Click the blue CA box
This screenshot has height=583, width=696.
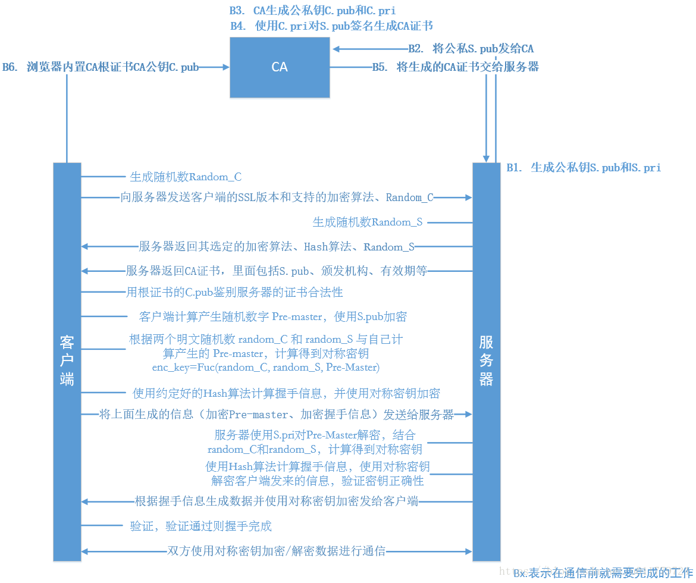coord(280,67)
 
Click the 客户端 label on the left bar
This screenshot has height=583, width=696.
coord(67,360)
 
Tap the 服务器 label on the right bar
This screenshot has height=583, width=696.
coord(486,360)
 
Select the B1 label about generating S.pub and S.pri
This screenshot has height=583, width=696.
coord(584,168)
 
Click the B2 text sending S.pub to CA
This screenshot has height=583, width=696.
coord(471,49)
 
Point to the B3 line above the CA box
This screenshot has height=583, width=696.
coord(312,11)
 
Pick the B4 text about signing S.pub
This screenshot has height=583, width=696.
coord(331,26)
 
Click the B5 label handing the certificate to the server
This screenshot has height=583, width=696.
coord(456,67)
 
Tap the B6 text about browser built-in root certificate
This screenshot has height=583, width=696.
coord(101,67)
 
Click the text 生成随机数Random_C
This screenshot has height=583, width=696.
coord(186,177)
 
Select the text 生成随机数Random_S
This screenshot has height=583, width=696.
coord(368,222)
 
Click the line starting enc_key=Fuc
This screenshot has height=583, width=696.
coord(266,367)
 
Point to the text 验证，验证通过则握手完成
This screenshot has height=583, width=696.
coord(201,526)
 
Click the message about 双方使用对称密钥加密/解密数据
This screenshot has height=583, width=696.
coord(277,551)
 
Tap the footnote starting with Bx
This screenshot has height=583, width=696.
coord(603,573)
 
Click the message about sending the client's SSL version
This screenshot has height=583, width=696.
coord(277,198)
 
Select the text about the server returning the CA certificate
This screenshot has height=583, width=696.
coord(277,271)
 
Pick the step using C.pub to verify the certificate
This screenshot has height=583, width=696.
coord(234,292)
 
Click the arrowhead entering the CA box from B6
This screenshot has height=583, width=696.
coord(226,68)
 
